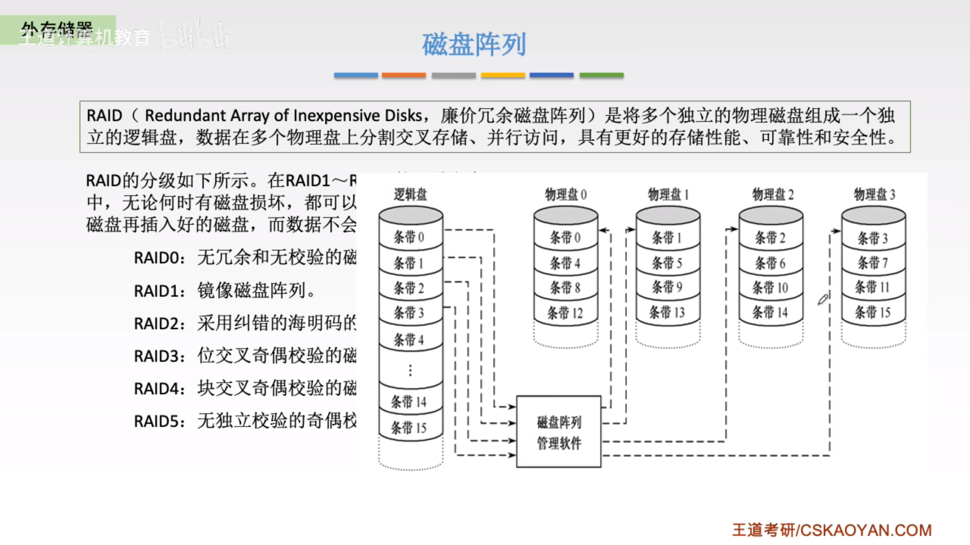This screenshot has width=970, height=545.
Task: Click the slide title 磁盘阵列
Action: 474,45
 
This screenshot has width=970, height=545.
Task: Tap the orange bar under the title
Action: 404,75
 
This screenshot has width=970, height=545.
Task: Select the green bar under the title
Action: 601,75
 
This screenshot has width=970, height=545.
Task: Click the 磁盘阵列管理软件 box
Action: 559,432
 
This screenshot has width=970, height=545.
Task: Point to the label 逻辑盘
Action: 410,195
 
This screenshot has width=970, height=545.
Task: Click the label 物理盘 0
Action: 565,195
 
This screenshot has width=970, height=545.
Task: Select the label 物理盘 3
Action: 874,195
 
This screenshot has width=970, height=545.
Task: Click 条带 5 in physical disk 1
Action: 667,263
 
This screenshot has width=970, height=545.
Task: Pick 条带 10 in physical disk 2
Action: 770,288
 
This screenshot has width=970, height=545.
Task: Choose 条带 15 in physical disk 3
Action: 872,312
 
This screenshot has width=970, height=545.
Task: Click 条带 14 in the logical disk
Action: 408,402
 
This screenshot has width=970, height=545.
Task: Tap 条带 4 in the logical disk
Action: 408,339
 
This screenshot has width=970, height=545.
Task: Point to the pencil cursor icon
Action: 823,300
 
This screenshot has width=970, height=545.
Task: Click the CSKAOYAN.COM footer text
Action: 865,530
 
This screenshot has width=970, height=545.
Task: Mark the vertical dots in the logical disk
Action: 410,370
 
